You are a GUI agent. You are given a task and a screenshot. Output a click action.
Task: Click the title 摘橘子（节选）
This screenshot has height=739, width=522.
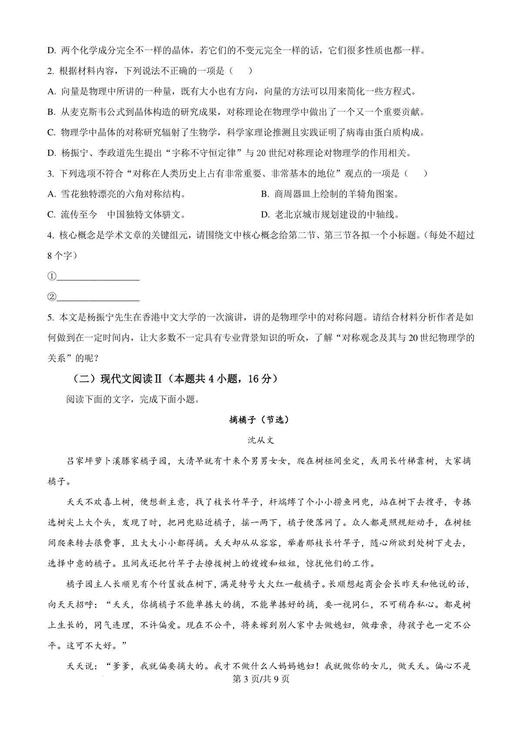click(259, 420)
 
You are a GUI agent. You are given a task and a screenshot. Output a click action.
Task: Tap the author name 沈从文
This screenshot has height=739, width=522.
click(261, 440)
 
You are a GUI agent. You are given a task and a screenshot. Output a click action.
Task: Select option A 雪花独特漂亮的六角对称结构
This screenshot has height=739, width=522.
click(117, 194)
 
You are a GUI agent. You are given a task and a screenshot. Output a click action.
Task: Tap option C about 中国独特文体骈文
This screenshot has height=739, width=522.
click(117, 215)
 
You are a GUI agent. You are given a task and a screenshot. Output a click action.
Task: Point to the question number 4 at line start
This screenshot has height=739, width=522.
click(50, 235)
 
